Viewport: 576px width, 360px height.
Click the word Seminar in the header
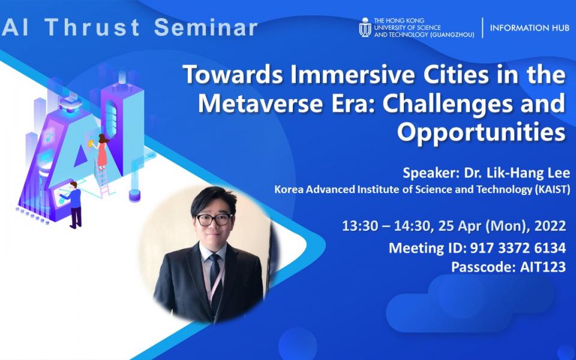[206, 27]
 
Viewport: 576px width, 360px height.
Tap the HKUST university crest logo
[365, 28]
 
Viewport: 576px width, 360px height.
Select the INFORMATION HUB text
[529, 28]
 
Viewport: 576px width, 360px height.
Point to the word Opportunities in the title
[481, 133]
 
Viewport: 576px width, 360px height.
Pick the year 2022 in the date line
[550, 226]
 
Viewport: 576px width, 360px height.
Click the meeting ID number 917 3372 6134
[518, 248]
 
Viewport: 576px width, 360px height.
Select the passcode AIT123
[543, 266]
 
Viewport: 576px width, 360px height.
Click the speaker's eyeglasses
[214, 220]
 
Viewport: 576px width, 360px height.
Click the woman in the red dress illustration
[102, 151]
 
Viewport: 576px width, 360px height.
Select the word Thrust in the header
[92, 27]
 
